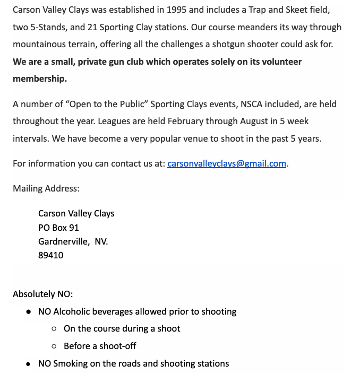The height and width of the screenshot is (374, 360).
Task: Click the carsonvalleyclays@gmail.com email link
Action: coord(227,163)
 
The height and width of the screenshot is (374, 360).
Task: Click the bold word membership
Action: coord(39,79)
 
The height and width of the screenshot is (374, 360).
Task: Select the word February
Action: coord(186,121)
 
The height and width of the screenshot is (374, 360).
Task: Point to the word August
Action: coord(254,121)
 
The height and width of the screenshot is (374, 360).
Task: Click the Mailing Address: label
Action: coord(46,188)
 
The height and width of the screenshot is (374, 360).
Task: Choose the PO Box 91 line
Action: coord(58,228)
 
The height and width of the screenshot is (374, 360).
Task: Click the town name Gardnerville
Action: coord(64,241)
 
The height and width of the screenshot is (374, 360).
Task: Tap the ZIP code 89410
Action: coord(50,255)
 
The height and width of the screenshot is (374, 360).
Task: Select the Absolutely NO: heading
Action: coord(42,294)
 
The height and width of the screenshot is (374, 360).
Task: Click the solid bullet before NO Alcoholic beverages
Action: coord(29,312)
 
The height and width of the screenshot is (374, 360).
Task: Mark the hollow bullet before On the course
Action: coord(54,329)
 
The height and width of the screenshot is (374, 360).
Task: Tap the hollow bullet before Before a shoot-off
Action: coord(54,346)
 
